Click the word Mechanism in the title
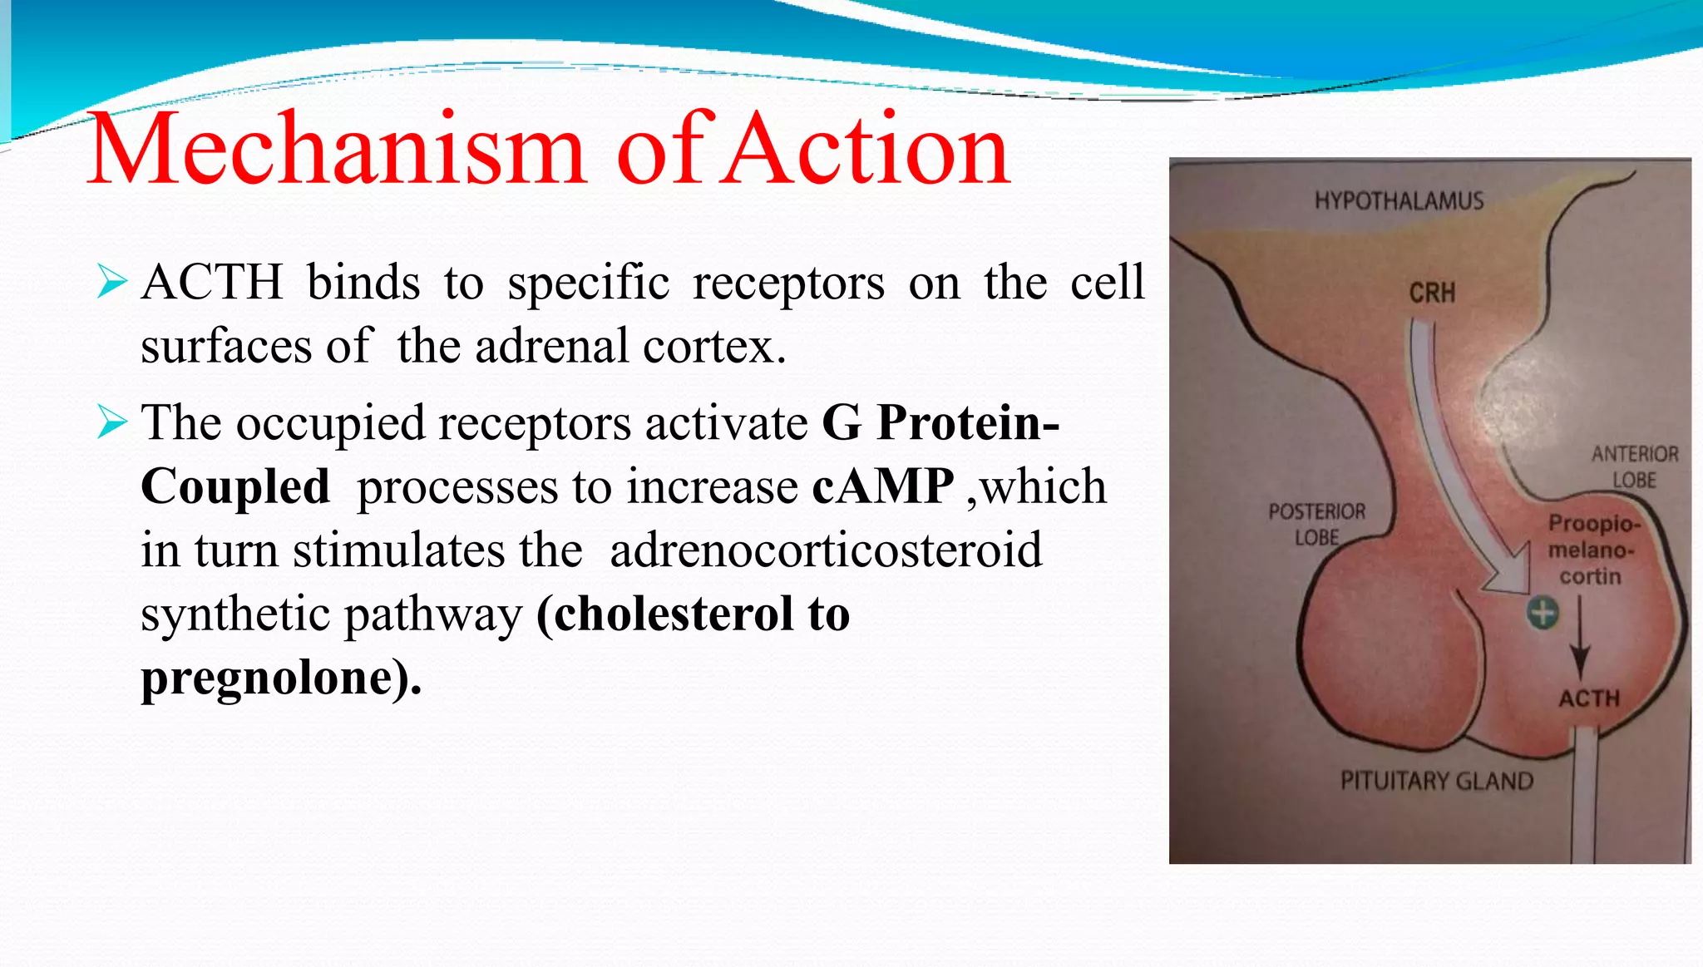tap(337, 150)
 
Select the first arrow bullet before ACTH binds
tap(111, 281)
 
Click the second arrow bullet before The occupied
tap(111, 422)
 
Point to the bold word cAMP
tap(883, 486)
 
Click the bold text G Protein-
tap(940, 422)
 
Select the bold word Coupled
tap(235, 486)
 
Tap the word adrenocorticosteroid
tap(826, 550)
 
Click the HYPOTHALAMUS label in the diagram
tap(1399, 201)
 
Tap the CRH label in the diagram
tap(1432, 293)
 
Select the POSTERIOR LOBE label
tap(1316, 524)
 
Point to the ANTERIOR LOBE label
tap(1635, 466)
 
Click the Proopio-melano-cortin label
tap(1592, 550)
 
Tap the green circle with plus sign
tap(1543, 614)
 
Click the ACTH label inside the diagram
tap(1589, 698)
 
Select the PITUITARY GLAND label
tap(1436, 781)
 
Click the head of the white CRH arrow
tap(1509, 574)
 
